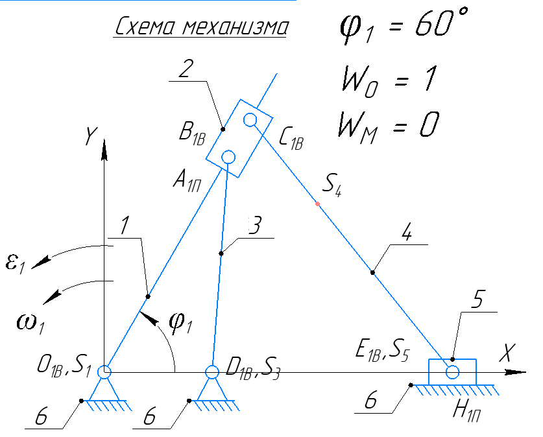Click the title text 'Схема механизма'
[x=202, y=27]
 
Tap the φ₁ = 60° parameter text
[x=402, y=27]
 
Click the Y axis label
[x=90, y=136]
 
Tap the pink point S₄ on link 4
[x=317, y=204]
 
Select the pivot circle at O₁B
[x=104, y=372]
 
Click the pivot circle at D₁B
[x=211, y=372]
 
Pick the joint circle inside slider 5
[x=452, y=372]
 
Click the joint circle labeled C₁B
[x=251, y=119]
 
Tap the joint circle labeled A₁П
[x=228, y=156]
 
